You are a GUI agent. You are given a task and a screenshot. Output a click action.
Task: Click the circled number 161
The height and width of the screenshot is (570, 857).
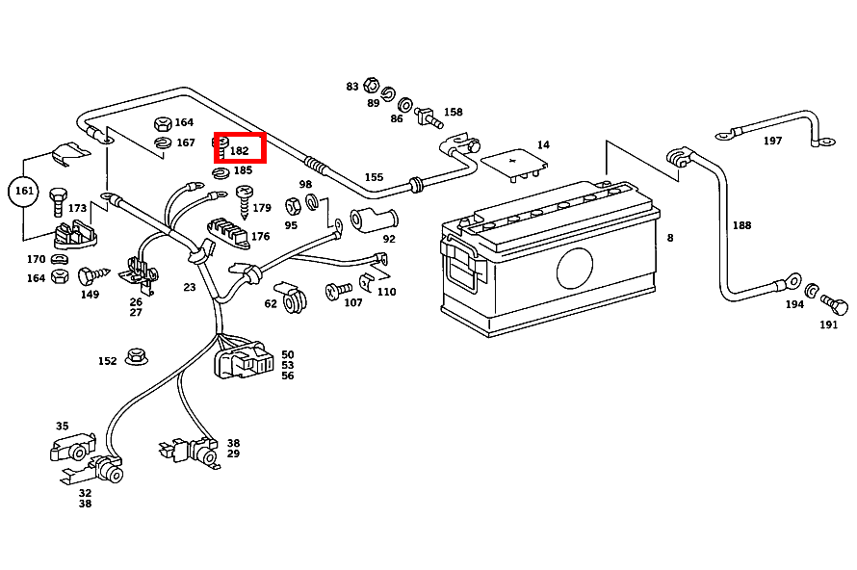(x=24, y=191)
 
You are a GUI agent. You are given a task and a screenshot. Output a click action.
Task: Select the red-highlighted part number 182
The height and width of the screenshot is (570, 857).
(x=239, y=150)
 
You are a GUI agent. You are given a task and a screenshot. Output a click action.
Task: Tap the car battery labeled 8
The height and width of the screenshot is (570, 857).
(x=549, y=260)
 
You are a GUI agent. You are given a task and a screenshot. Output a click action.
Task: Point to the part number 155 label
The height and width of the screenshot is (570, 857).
(x=374, y=177)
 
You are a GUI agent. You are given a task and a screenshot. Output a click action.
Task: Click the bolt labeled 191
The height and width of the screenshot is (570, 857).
(x=836, y=307)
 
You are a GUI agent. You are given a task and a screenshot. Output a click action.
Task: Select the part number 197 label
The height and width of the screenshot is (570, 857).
(x=772, y=141)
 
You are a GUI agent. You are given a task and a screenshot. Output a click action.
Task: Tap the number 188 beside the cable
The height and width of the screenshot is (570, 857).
(x=741, y=226)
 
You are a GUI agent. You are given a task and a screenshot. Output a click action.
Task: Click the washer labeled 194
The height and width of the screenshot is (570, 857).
(x=812, y=291)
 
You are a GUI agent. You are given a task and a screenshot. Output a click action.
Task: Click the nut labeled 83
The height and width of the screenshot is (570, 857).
(x=372, y=86)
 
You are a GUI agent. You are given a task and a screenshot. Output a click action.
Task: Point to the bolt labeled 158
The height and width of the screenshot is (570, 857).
(x=427, y=117)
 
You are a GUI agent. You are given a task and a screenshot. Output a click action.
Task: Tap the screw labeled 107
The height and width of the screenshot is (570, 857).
(x=336, y=290)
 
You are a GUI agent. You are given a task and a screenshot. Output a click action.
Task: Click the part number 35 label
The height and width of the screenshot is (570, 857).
(x=63, y=426)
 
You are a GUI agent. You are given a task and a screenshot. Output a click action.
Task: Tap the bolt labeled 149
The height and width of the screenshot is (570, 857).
(x=90, y=276)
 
